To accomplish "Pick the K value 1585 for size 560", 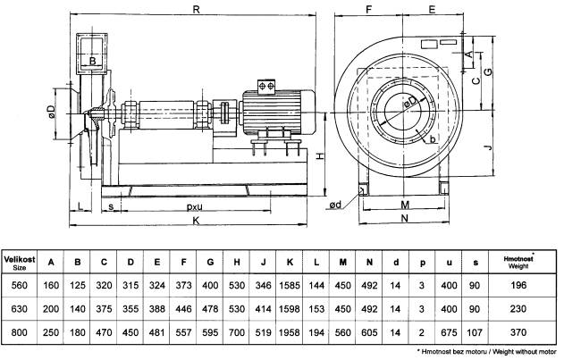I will [x=290, y=286].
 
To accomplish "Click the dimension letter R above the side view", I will [x=195, y=8].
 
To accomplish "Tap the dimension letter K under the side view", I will [x=194, y=221].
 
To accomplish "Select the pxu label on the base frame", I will [x=194, y=205].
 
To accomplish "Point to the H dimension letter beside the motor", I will [x=318, y=156].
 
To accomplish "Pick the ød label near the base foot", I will [x=334, y=205].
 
